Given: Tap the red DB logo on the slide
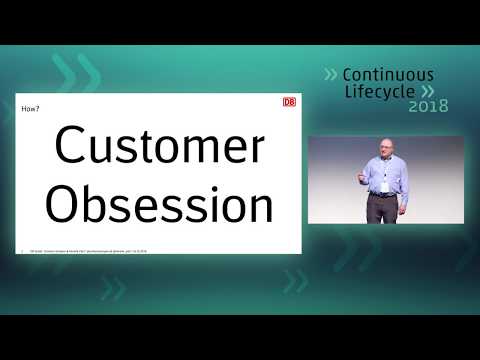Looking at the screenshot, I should [x=289, y=102].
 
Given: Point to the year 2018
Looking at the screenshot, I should [x=429, y=105].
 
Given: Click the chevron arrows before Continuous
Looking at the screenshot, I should [x=331, y=74].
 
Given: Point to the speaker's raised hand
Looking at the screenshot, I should [x=362, y=178].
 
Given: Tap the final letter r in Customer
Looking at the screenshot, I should [x=258, y=148].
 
